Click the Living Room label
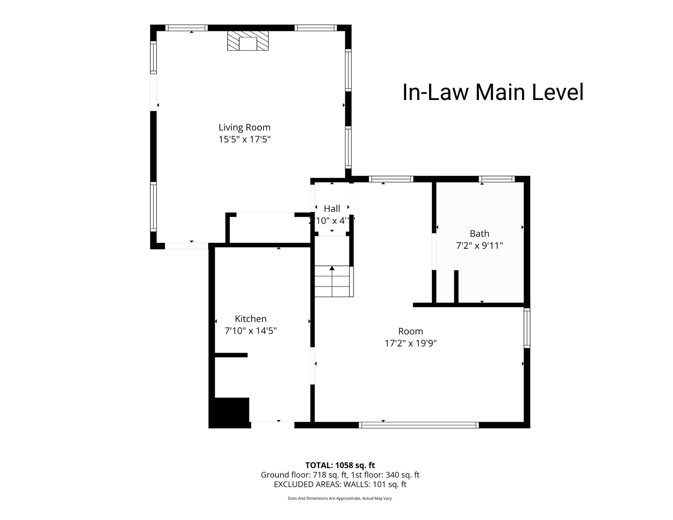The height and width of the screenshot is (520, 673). click(x=244, y=127)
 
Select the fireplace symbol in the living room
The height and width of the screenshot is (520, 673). click(x=248, y=41)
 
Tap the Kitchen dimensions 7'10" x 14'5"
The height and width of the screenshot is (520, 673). click(x=251, y=331)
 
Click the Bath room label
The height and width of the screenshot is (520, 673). click(x=479, y=233)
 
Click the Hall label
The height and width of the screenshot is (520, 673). click(x=332, y=209)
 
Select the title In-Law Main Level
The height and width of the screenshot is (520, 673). click(x=493, y=92)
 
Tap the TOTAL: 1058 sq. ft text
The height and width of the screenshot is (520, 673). click(x=340, y=465)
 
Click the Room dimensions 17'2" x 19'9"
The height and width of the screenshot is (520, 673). click(x=411, y=343)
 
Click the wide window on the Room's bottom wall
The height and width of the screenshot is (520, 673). click(x=419, y=425)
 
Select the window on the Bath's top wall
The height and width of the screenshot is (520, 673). click(x=497, y=179)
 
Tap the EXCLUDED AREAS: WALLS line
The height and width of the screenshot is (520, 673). click(x=340, y=484)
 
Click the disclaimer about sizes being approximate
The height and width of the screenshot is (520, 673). click(x=340, y=498)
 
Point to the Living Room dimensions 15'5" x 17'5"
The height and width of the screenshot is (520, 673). click(x=244, y=139)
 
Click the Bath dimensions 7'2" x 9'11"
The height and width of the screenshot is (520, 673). click(x=479, y=246)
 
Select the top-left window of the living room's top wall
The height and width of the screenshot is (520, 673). click(x=186, y=28)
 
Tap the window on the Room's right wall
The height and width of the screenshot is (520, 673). click(x=527, y=328)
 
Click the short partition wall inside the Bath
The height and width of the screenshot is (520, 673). click(x=456, y=287)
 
